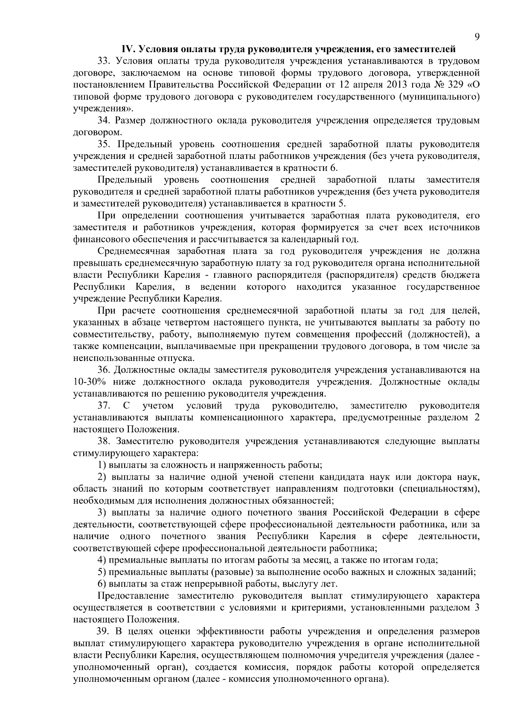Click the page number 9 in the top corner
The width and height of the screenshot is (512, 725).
click(x=477, y=37)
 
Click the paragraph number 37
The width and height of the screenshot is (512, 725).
click(x=104, y=405)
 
